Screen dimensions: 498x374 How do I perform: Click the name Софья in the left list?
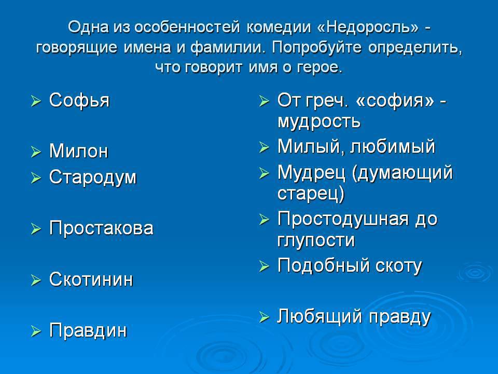point(79,101)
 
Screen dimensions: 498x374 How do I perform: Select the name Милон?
point(78,151)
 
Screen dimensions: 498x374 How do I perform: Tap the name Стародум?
point(93,178)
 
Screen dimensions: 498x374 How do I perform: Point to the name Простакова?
point(101,228)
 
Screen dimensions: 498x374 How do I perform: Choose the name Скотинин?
point(91,279)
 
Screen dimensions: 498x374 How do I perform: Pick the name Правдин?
point(88,331)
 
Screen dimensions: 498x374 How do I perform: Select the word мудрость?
point(319,122)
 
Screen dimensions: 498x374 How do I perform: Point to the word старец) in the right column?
point(311,194)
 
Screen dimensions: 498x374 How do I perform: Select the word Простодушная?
point(343,219)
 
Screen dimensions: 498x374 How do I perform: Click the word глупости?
point(316,241)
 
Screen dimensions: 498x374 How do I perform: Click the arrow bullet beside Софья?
point(36,102)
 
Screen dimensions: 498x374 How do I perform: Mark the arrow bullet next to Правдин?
point(36,331)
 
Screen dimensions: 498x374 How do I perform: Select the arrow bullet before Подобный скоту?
point(264,266)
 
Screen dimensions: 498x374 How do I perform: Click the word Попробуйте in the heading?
point(316,48)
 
